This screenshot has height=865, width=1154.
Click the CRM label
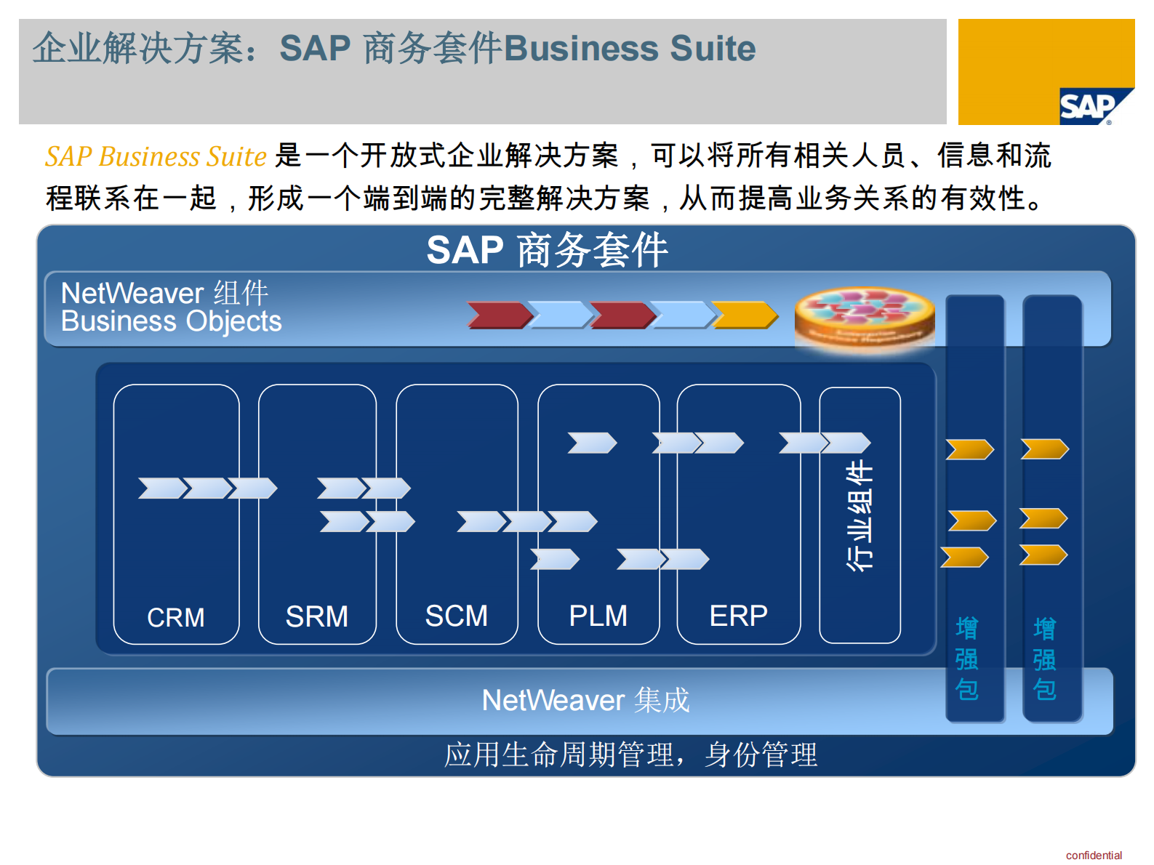coord(175,617)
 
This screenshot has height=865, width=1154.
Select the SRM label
coord(316,616)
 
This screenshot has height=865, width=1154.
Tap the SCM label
coord(456,616)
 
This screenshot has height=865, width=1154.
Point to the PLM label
coord(598,616)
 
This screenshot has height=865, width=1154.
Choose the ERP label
coord(738,616)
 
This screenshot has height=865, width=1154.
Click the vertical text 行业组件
coord(860,515)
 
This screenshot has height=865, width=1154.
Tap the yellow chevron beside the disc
coord(744,315)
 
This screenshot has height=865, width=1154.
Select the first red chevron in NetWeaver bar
coord(499,315)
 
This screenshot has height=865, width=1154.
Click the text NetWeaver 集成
coord(585,700)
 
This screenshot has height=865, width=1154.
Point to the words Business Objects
coord(171,321)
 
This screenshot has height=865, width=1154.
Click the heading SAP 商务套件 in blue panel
coord(547,250)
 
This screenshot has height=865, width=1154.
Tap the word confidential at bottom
coord(1093,855)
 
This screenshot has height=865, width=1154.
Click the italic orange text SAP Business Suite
coord(156,156)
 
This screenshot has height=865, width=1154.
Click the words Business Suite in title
coord(629,49)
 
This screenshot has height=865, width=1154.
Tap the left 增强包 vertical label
coord(966,659)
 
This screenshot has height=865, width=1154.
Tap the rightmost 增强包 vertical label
coord(1044,659)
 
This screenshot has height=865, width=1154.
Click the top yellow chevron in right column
coord(1044,448)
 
